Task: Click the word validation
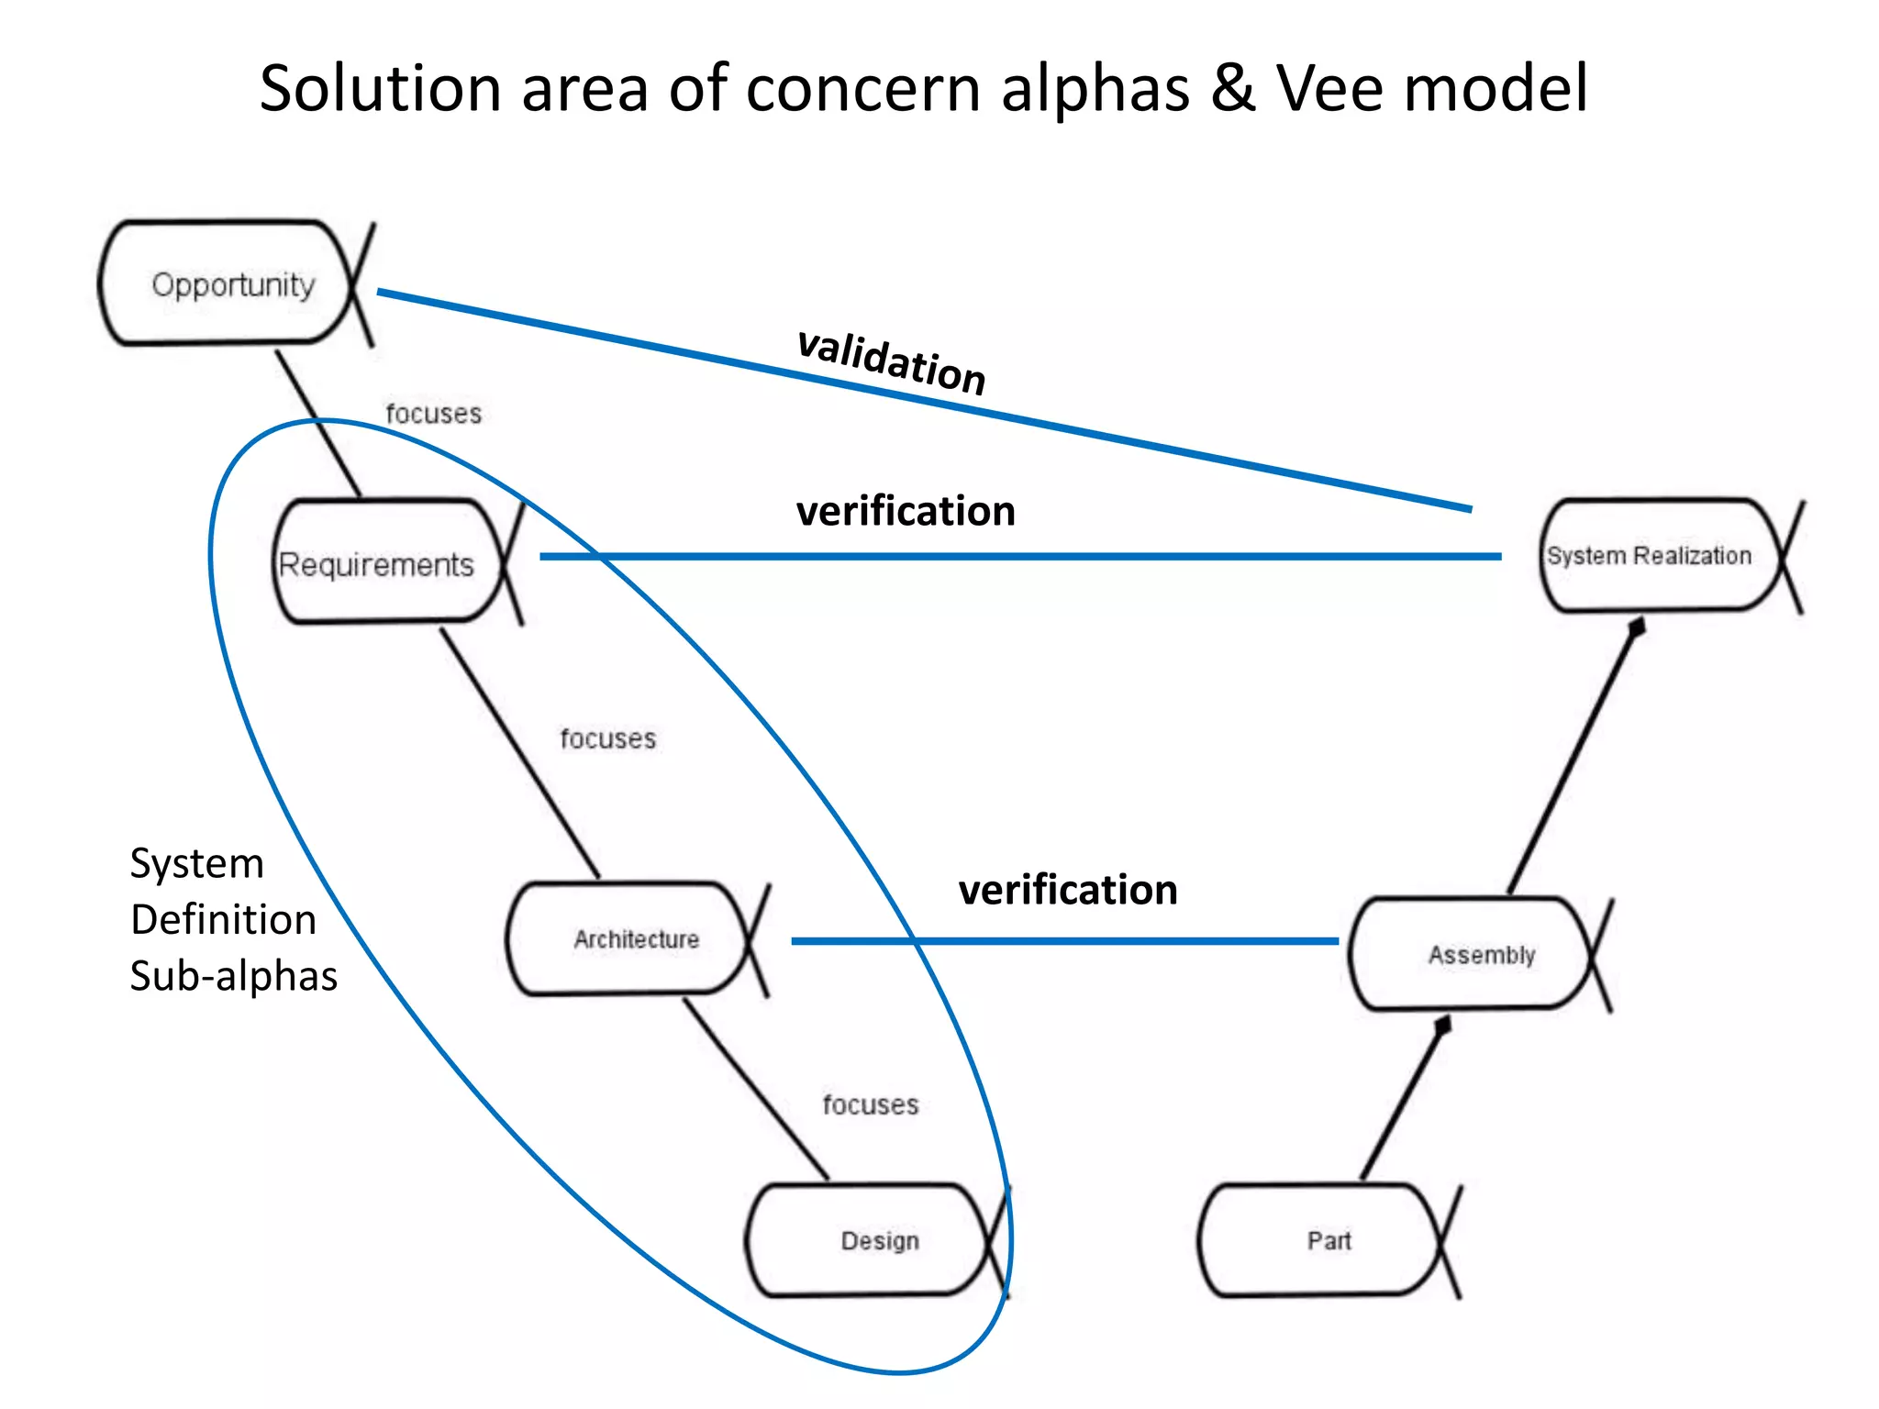[x=891, y=361]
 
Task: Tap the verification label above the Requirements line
[x=906, y=511]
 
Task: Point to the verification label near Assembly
[x=1068, y=890]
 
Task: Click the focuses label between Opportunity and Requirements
[x=433, y=414]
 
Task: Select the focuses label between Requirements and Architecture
[x=608, y=738]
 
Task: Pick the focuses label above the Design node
[x=870, y=1104]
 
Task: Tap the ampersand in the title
[x=1232, y=89]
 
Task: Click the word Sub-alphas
[x=234, y=976]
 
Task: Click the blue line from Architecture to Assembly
[x=1064, y=941]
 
